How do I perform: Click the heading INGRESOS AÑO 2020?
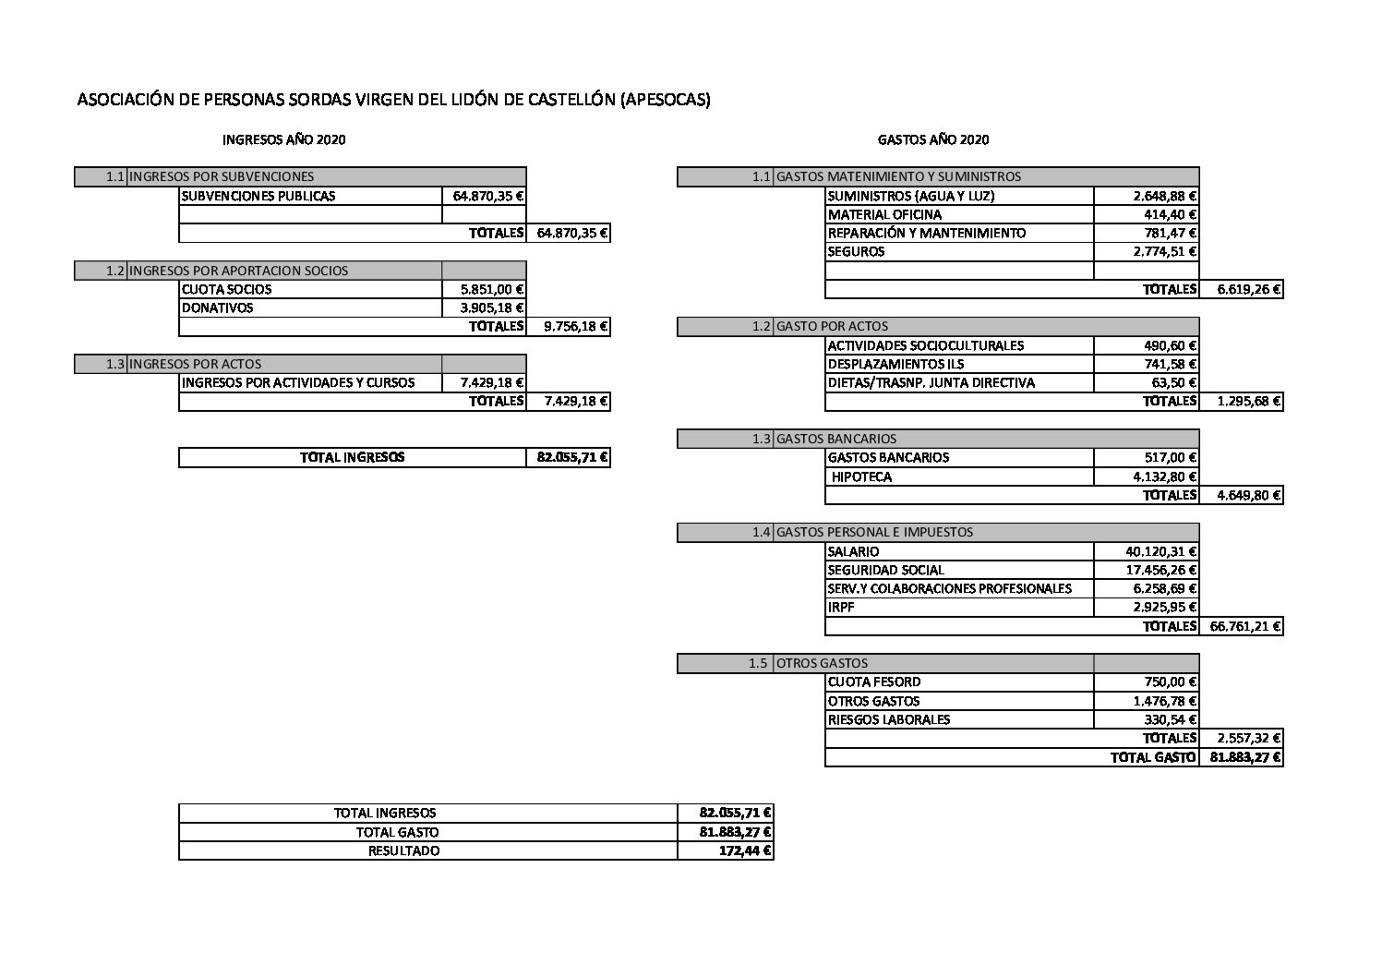pyautogui.click(x=284, y=140)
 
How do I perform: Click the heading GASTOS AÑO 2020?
pyautogui.click(x=932, y=140)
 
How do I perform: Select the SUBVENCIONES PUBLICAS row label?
pyautogui.click(x=258, y=196)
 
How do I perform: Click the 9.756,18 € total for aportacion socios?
pyautogui.click(x=576, y=327)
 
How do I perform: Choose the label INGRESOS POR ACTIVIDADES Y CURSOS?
pyautogui.click(x=298, y=383)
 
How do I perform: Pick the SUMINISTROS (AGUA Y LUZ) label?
pyautogui.click(x=911, y=196)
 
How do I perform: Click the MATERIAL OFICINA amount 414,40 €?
pyautogui.click(x=1172, y=215)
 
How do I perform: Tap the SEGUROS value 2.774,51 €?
pyautogui.click(x=1165, y=252)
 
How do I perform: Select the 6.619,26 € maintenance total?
pyautogui.click(x=1248, y=290)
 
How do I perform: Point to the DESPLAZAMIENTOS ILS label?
pyautogui.click(x=895, y=365)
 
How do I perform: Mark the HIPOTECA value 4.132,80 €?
pyautogui.click(x=1165, y=477)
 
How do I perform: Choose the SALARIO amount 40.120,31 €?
pyautogui.click(x=1160, y=552)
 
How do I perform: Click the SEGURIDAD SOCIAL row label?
pyautogui.click(x=886, y=571)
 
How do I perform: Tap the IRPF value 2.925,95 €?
pyautogui.click(x=1165, y=608)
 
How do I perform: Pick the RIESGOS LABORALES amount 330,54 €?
pyautogui.click(x=1172, y=720)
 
